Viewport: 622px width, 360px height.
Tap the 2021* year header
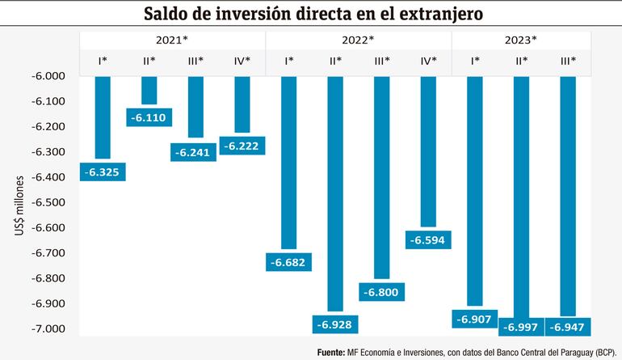173,40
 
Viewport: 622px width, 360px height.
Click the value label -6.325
103,172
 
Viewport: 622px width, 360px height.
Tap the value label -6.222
242,146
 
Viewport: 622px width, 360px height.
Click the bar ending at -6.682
288,162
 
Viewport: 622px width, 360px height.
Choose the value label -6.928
335,324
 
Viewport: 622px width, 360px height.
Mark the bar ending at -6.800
381,178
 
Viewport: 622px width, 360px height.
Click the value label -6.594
428,240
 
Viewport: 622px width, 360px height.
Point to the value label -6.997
521,328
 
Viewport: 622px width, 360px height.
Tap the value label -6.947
568,328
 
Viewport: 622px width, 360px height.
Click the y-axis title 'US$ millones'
19,207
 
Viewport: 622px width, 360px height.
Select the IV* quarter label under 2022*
428,61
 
